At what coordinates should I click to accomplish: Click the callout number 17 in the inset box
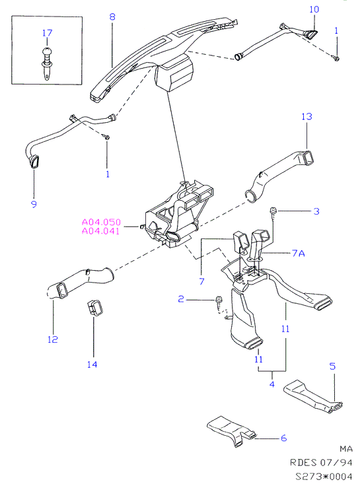point(47,32)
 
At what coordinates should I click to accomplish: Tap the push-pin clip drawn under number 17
point(46,63)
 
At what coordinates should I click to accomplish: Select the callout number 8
point(112,16)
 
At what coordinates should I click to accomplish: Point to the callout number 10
point(314,9)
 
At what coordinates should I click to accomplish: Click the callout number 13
point(306,116)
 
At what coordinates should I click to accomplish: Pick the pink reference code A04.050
point(101,222)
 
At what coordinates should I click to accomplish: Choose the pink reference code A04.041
point(100,231)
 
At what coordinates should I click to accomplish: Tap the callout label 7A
point(299,253)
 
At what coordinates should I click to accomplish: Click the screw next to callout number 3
point(273,213)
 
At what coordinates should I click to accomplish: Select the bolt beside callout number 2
point(219,302)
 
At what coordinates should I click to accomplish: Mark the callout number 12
point(53,339)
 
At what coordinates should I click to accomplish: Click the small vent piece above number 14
point(94,308)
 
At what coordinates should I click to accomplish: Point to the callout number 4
point(272,384)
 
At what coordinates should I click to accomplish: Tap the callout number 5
point(332,366)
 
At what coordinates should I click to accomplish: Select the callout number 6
point(283,438)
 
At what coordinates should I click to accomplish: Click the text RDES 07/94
point(321,462)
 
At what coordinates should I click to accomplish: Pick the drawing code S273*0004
point(324,476)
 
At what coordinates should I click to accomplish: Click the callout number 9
point(34,204)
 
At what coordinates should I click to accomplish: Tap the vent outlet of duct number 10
point(310,34)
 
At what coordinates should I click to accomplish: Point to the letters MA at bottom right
point(346,448)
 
